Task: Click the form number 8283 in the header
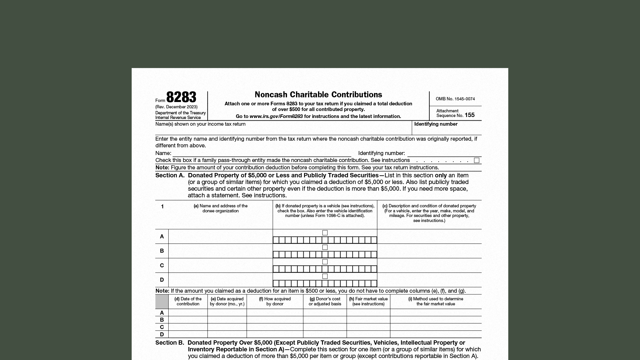coord(181,97)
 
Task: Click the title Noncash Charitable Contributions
coord(318,95)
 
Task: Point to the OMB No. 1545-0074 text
coord(455,99)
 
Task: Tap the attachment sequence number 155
coord(469,115)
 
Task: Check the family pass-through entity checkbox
coord(477,161)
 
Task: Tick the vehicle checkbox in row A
coord(325,233)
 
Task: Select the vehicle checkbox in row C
coord(325,262)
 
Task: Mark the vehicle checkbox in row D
coord(325,276)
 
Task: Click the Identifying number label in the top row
coord(436,124)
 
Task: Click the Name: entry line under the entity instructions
coord(262,153)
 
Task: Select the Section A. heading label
coord(170,175)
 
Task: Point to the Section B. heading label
coord(169,343)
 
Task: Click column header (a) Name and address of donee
coord(220,208)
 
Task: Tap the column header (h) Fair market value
coord(368,301)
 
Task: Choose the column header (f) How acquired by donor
coord(275,301)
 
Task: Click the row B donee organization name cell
coord(220,251)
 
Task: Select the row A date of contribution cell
coord(188,313)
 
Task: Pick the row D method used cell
coord(436,334)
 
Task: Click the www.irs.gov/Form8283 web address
coord(276,116)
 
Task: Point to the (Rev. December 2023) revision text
coord(176,107)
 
